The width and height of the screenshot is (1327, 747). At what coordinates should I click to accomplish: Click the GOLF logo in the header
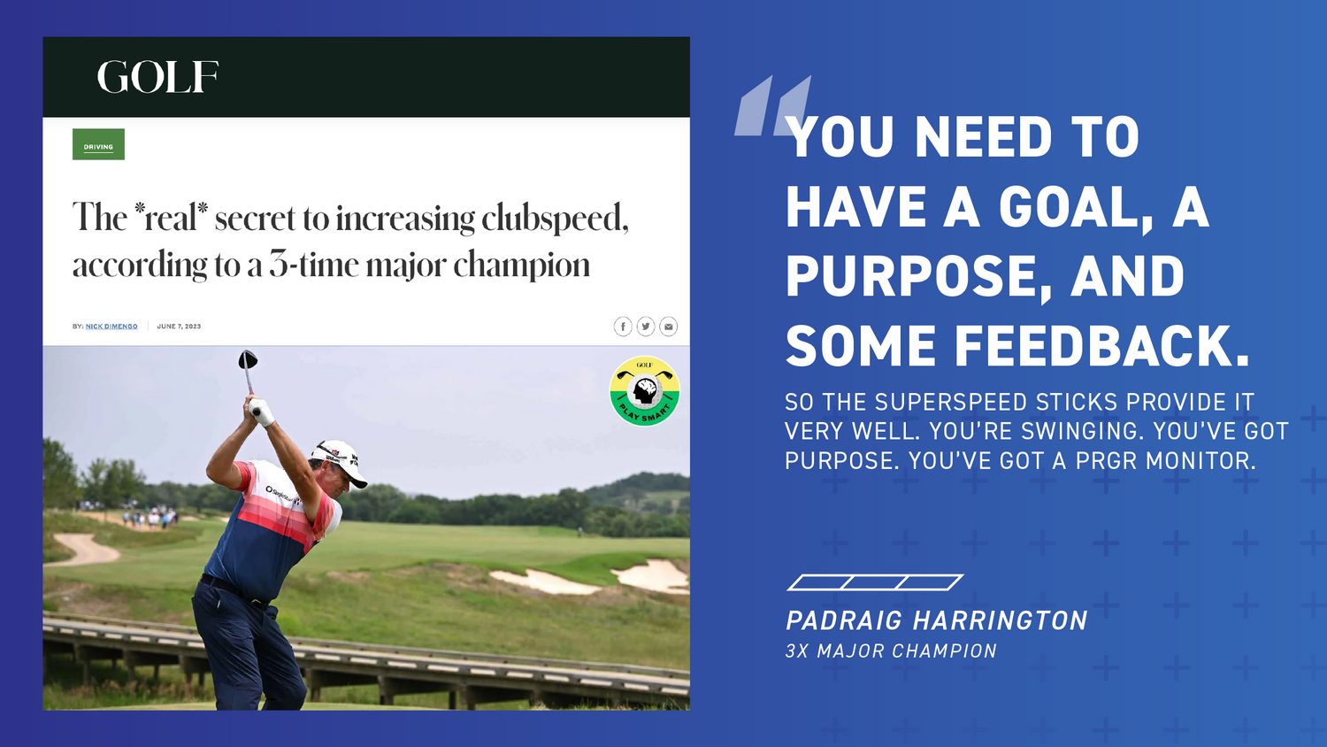157,77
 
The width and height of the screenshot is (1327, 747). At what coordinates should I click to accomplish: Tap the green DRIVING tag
98,144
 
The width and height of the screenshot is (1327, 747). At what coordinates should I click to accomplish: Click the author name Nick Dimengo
111,327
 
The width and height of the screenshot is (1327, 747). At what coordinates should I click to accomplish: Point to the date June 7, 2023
179,327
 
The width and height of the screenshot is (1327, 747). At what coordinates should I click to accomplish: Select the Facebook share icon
623,327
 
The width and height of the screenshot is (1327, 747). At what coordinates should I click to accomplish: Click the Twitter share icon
646,327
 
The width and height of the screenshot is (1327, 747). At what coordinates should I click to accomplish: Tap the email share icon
669,327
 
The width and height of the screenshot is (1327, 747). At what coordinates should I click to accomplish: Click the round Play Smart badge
644,391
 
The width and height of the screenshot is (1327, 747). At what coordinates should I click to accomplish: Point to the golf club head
248,359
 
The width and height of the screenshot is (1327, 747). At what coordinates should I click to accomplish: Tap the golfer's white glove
262,411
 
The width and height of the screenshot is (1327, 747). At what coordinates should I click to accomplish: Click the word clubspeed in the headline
555,218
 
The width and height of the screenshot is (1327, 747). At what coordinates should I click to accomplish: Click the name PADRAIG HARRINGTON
936,620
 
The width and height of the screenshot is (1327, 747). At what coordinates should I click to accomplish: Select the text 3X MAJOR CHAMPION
891,651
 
